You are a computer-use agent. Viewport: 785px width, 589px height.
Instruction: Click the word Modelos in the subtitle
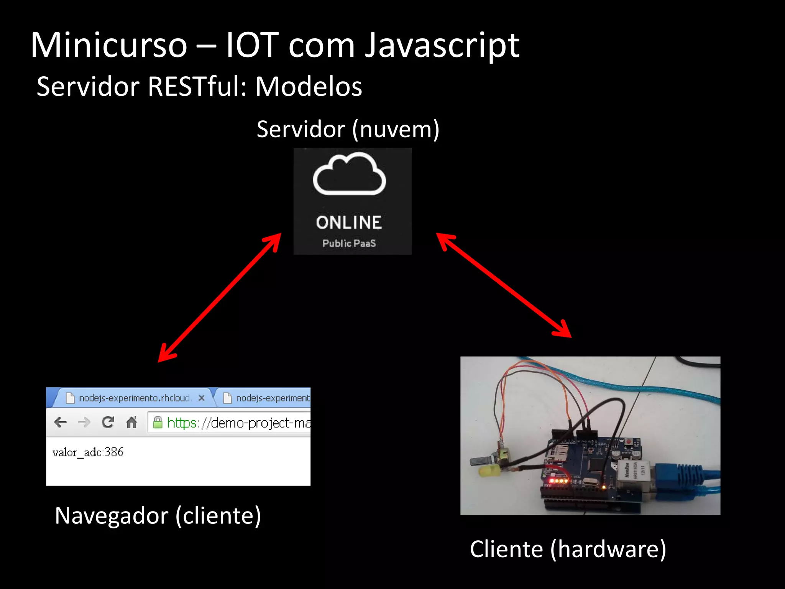click(x=309, y=87)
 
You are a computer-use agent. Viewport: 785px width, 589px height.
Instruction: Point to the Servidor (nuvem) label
click(x=348, y=130)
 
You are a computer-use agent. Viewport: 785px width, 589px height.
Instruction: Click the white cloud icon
click(x=349, y=174)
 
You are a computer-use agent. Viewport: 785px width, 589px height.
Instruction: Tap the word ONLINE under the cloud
click(x=349, y=223)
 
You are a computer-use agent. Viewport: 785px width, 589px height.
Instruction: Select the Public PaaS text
click(x=349, y=243)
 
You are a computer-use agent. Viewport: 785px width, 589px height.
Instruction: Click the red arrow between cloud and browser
click(x=220, y=298)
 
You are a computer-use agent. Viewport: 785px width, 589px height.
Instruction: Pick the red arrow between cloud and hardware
click(x=504, y=285)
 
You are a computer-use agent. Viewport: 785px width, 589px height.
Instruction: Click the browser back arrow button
click(x=61, y=423)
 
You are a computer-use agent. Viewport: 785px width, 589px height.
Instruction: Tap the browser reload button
click(x=108, y=422)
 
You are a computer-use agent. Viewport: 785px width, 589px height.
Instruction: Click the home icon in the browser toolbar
click(x=131, y=422)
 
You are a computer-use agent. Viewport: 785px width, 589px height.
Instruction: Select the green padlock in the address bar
click(x=158, y=423)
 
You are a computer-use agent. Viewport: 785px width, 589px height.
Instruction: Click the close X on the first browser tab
click(x=202, y=398)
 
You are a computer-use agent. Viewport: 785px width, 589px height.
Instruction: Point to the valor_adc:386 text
click(x=88, y=452)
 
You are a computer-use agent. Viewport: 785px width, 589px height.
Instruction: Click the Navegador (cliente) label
click(x=158, y=516)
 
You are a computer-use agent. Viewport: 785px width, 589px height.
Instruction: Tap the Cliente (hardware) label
click(x=568, y=549)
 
